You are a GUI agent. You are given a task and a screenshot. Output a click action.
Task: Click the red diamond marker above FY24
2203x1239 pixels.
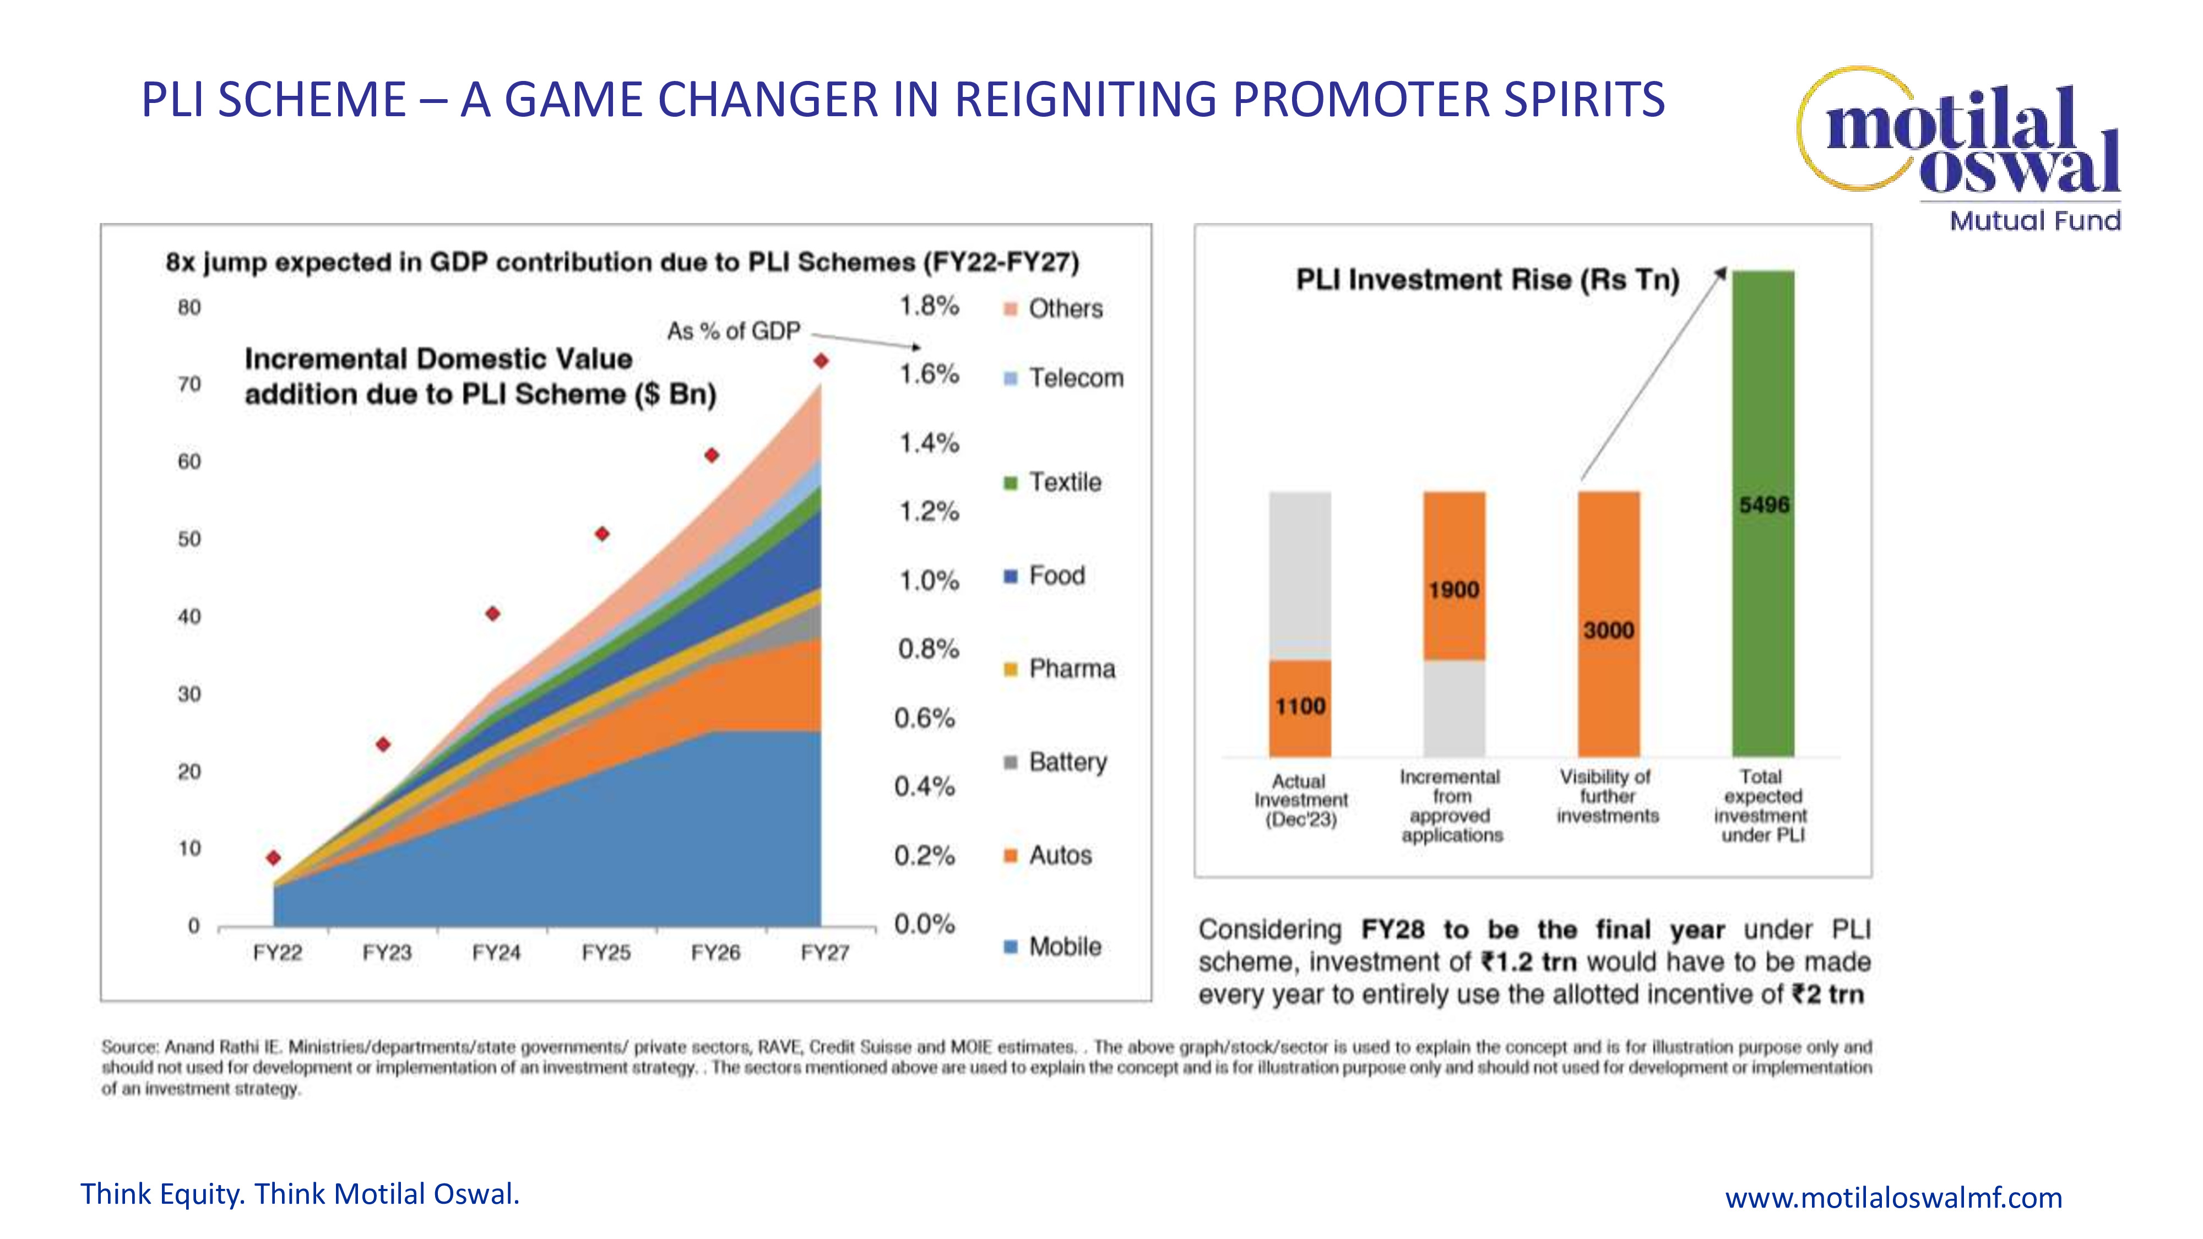click(x=492, y=614)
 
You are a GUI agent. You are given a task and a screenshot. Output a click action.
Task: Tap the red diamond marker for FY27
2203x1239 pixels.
click(x=821, y=362)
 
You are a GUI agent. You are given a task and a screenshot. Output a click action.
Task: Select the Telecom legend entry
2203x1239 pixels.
click(x=1064, y=378)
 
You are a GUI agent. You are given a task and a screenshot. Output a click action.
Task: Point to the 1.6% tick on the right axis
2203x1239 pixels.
click(x=929, y=374)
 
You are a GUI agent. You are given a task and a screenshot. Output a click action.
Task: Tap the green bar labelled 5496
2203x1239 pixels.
click(x=1764, y=513)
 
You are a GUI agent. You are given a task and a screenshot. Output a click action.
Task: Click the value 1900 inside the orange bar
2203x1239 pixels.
click(x=1454, y=590)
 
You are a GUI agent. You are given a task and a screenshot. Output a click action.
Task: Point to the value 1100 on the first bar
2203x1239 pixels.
click(x=1300, y=707)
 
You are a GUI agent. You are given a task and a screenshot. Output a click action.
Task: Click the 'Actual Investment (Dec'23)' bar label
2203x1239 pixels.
click(x=1300, y=800)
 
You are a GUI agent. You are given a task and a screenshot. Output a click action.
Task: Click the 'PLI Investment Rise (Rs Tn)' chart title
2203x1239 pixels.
click(x=1488, y=280)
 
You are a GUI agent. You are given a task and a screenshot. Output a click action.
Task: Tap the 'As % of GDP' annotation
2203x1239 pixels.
click(x=734, y=331)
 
